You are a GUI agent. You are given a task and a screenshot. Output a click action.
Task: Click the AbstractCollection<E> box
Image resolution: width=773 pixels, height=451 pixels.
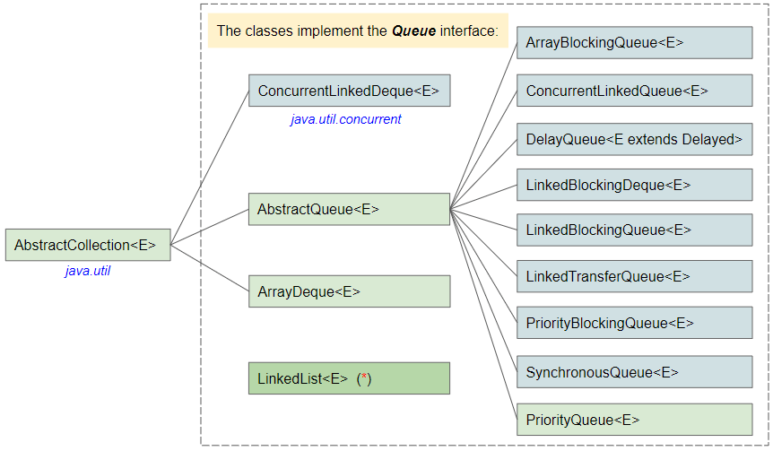click(x=87, y=245)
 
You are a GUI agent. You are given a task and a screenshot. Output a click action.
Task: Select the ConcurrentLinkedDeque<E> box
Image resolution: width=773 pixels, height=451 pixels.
click(x=348, y=91)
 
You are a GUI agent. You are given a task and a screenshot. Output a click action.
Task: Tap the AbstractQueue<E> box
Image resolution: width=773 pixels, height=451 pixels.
click(x=348, y=209)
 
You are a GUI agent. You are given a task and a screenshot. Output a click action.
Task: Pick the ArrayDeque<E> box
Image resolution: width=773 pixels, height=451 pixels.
click(x=348, y=291)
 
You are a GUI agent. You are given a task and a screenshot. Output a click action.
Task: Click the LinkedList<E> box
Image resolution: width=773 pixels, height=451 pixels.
click(x=348, y=378)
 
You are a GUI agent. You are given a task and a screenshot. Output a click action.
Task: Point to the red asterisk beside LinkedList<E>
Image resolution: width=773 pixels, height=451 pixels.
click(x=364, y=378)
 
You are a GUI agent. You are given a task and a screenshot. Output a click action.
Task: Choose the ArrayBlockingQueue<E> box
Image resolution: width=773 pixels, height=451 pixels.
click(x=634, y=43)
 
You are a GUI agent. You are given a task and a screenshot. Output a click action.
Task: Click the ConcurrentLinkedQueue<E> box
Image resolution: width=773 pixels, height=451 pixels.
click(x=634, y=91)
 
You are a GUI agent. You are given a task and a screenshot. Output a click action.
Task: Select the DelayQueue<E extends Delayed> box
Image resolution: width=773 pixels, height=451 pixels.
click(x=634, y=139)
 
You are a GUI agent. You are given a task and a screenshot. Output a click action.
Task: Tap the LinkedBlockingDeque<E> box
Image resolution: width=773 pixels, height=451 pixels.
click(x=634, y=185)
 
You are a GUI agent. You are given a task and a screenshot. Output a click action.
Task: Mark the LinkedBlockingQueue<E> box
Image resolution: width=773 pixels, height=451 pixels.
click(x=634, y=230)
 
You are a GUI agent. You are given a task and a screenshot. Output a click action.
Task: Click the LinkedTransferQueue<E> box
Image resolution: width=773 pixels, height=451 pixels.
click(x=634, y=276)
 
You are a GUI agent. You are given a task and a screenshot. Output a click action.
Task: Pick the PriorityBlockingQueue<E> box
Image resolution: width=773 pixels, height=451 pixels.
click(x=634, y=323)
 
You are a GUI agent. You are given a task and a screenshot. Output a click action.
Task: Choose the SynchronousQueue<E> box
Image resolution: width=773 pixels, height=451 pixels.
click(x=634, y=371)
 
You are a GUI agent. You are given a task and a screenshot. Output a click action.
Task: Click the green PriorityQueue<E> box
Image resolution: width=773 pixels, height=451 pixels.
click(x=634, y=420)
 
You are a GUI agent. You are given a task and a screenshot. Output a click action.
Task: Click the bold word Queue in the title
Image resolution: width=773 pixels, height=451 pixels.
click(x=413, y=31)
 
